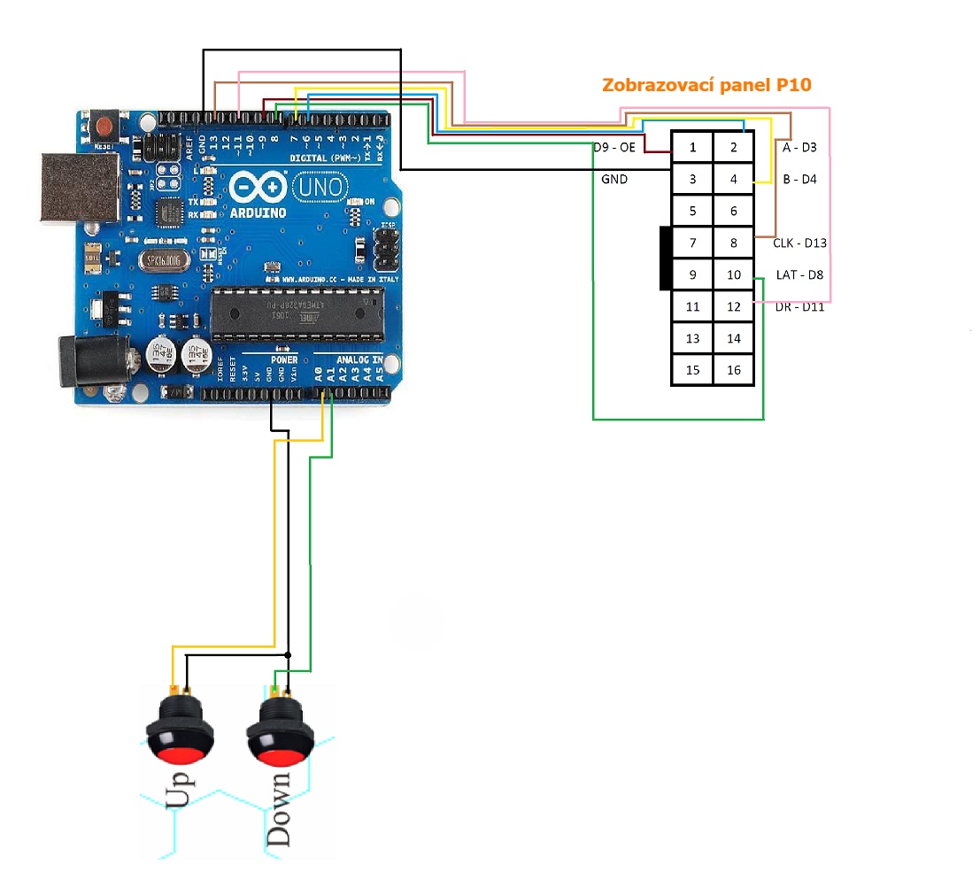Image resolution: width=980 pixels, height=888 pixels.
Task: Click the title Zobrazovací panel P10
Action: (x=706, y=86)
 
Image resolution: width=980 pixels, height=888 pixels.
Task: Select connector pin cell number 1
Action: (x=692, y=147)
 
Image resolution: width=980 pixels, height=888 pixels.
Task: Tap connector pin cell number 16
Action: (x=734, y=370)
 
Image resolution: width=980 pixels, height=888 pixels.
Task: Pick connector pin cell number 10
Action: (x=734, y=274)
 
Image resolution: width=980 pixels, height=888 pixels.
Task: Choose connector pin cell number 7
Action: (x=692, y=243)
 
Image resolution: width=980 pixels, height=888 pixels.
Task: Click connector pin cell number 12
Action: (x=734, y=306)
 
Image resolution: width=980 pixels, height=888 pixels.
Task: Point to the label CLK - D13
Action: (x=799, y=242)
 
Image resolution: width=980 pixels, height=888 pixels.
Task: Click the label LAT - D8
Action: (x=799, y=274)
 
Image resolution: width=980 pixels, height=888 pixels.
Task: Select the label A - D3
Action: (x=799, y=148)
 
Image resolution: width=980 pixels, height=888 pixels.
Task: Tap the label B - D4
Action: (x=799, y=180)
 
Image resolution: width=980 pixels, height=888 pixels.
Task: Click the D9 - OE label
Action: (x=614, y=147)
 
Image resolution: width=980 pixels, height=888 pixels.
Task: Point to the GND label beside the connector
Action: (x=613, y=179)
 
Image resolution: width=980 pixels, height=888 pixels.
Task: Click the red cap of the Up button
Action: (x=181, y=755)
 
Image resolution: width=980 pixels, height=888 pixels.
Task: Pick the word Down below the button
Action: (x=279, y=810)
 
